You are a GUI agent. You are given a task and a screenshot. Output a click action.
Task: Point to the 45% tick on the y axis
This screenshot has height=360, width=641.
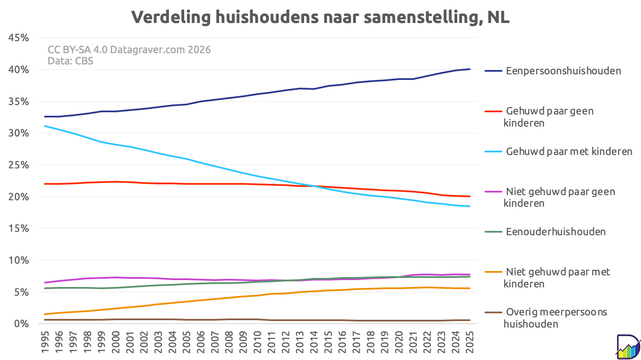pyautogui.click(x=19, y=38)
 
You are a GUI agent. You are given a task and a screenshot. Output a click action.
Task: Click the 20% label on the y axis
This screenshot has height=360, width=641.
pyautogui.click(x=19, y=197)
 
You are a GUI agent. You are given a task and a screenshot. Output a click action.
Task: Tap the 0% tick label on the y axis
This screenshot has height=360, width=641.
pyautogui.click(x=21, y=324)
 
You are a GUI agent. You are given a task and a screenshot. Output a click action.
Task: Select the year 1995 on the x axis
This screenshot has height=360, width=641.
pyautogui.click(x=45, y=341)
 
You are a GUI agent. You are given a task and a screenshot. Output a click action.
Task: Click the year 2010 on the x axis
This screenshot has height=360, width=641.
pyautogui.click(x=257, y=341)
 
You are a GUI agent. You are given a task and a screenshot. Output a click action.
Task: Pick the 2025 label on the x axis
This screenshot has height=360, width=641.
pyautogui.click(x=469, y=341)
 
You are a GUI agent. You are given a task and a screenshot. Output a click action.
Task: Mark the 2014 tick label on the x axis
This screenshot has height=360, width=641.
pyautogui.click(x=314, y=341)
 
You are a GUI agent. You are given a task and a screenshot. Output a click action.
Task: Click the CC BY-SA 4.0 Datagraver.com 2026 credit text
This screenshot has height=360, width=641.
pyautogui.click(x=129, y=50)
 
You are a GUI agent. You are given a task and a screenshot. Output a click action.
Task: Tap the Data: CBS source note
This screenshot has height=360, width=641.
pyautogui.click(x=70, y=61)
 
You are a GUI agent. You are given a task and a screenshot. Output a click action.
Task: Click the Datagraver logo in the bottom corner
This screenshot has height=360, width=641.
pyautogui.click(x=628, y=347)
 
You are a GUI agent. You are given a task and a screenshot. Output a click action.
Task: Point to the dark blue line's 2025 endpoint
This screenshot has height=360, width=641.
pyautogui.click(x=470, y=69)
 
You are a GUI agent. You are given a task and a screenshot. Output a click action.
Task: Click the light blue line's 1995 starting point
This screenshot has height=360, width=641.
pyautogui.click(x=45, y=126)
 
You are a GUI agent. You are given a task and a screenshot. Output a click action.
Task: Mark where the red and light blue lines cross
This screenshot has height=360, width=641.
pyautogui.click(x=314, y=186)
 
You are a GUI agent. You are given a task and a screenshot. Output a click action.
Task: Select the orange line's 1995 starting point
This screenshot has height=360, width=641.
pyautogui.click(x=45, y=314)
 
